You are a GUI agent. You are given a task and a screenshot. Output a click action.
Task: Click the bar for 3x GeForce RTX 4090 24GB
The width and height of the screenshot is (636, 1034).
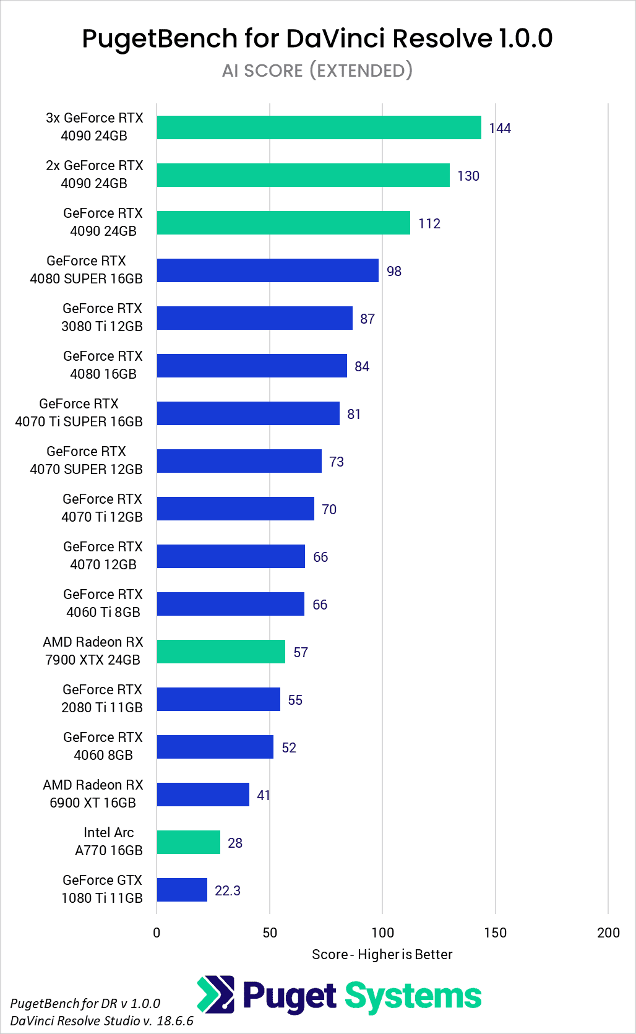click(319, 127)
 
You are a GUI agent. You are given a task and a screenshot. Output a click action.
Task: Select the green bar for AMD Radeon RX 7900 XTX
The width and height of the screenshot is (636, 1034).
click(221, 652)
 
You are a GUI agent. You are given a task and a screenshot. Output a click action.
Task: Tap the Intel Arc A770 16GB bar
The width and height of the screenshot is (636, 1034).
click(189, 842)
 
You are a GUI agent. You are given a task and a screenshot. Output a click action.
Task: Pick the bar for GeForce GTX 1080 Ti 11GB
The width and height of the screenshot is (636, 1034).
click(182, 890)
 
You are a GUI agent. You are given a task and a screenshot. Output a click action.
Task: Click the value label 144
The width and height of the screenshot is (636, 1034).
click(500, 128)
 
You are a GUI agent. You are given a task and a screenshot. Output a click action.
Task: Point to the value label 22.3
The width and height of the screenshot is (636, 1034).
click(228, 890)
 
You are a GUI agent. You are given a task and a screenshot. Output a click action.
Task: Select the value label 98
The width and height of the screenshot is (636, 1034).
click(394, 271)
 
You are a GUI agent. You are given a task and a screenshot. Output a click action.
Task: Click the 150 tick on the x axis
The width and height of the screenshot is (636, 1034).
click(495, 933)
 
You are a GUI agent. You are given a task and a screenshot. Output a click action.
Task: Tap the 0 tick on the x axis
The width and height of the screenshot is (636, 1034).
click(157, 933)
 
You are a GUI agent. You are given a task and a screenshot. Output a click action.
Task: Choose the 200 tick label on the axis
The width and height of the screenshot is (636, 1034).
click(608, 933)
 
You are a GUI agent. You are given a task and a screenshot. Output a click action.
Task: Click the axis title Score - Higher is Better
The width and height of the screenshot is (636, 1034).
click(382, 954)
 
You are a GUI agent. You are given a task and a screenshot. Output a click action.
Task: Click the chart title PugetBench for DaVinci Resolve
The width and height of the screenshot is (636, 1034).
click(317, 38)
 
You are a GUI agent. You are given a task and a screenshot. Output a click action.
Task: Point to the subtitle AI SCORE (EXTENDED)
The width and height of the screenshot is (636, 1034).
click(317, 71)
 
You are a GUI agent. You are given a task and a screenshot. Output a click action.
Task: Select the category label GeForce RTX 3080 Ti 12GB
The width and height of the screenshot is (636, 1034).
click(102, 317)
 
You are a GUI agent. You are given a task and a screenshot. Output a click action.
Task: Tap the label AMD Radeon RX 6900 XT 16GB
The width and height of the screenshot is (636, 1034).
click(93, 793)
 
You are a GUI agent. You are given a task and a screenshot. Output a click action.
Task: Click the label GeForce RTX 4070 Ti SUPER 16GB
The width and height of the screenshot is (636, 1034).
click(79, 412)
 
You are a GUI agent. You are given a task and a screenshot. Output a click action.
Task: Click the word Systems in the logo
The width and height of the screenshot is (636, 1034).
click(413, 996)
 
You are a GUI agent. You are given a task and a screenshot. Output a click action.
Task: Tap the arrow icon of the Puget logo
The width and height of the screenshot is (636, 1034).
click(215, 994)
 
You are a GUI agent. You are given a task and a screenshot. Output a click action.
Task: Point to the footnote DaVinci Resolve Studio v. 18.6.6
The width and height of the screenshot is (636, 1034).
click(101, 1020)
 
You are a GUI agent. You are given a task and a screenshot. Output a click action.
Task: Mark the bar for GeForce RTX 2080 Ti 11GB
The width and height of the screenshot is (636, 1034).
click(218, 699)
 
